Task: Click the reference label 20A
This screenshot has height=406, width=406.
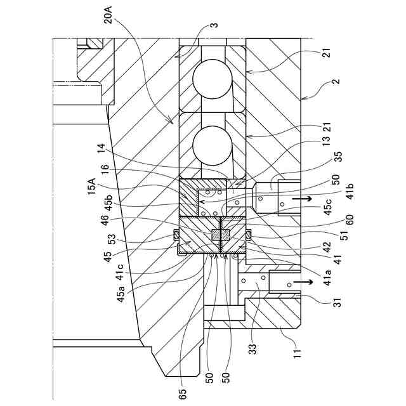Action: click(108, 15)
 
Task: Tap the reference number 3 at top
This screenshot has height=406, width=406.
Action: click(215, 25)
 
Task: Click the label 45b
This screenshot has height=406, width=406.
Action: click(108, 202)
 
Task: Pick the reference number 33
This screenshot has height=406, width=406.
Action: click(252, 349)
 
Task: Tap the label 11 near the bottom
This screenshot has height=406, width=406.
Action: click(297, 353)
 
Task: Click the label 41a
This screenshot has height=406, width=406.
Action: click(327, 277)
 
